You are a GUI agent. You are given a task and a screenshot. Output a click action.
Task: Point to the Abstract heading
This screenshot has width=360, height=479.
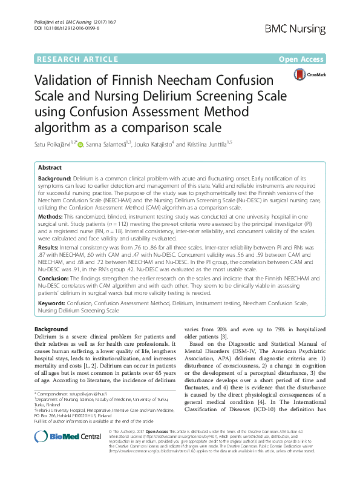[x=50, y=167]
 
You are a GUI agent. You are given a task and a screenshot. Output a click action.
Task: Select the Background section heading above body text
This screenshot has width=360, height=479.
[x=51, y=329]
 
